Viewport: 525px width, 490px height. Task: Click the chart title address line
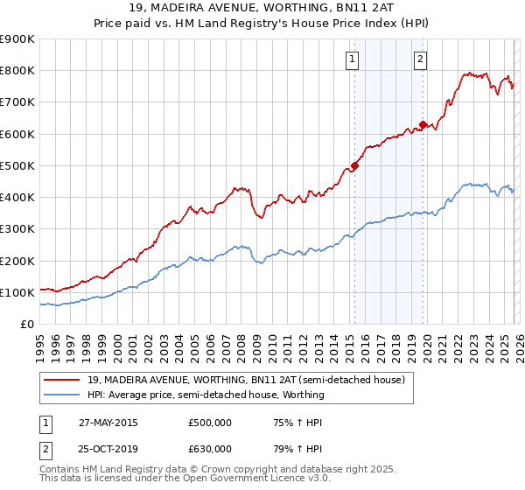pyautogui.click(x=262, y=8)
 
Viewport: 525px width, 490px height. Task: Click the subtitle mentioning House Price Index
pyautogui.click(x=262, y=23)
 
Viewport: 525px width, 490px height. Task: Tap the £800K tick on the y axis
pyautogui.click(x=17, y=71)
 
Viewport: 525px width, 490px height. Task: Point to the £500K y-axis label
pyautogui.click(x=17, y=165)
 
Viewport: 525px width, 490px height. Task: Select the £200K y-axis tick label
pyautogui.click(x=17, y=261)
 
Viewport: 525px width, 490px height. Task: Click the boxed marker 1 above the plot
pyautogui.click(x=352, y=59)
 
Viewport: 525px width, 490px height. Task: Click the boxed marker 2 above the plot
pyautogui.click(x=420, y=59)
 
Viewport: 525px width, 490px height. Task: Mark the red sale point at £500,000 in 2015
pyautogui.click(x=354, y=165)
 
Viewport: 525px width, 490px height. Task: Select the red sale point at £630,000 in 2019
pyautogui.click(x=423, y=124)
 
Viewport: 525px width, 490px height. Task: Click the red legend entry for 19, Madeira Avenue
pyautogui.click(x=246, y=381)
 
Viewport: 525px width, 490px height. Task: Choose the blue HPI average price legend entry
pyautogui.click(x=206, y=395)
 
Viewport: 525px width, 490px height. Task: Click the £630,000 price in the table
pyautogui.click(x=210, y=448)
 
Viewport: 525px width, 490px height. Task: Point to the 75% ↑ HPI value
pyautogui.click(x=295, y=423)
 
